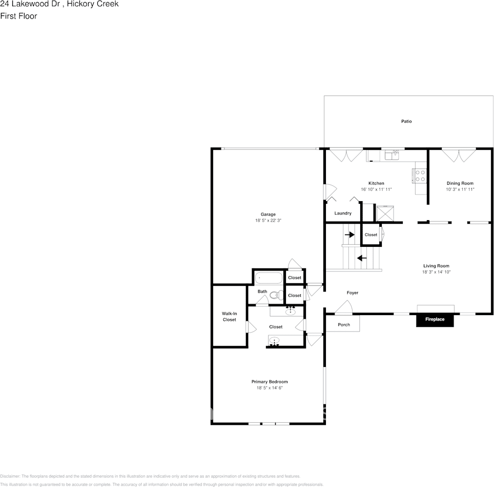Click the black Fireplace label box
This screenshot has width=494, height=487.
coord(435,319)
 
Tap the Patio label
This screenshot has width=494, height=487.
coord(406,122)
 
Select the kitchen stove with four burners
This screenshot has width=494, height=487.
coord(420,176)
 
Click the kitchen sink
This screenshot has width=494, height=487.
coord(393,154)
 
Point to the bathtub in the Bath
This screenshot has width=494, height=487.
coord(269,278)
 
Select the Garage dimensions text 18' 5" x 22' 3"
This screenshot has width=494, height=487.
coord(268,220)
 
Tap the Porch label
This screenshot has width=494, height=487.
coord(344,325)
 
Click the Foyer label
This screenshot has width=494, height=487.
coord(352,293)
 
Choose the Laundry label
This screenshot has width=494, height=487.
coord(343,213)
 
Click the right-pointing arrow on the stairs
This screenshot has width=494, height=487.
coord(350,235)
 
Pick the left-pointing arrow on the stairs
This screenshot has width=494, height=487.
coord(362,258)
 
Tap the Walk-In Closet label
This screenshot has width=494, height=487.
coord(229,317)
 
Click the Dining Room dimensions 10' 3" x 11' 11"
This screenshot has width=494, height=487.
coord(460,189)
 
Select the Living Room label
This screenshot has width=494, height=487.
coord(436,266)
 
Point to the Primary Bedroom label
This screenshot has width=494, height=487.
coord(269,382)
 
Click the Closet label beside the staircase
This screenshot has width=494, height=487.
coord(370,235)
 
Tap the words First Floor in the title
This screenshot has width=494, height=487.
coord(18,16)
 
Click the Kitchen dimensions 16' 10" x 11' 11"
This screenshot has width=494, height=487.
coord(376,189)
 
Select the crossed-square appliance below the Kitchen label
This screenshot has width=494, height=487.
coord(385,212)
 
